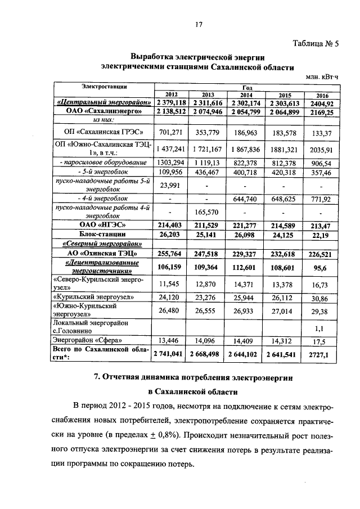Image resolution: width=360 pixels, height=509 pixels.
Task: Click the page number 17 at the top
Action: pos(198,24)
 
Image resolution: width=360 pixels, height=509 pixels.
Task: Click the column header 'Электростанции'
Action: pos(104,86)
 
